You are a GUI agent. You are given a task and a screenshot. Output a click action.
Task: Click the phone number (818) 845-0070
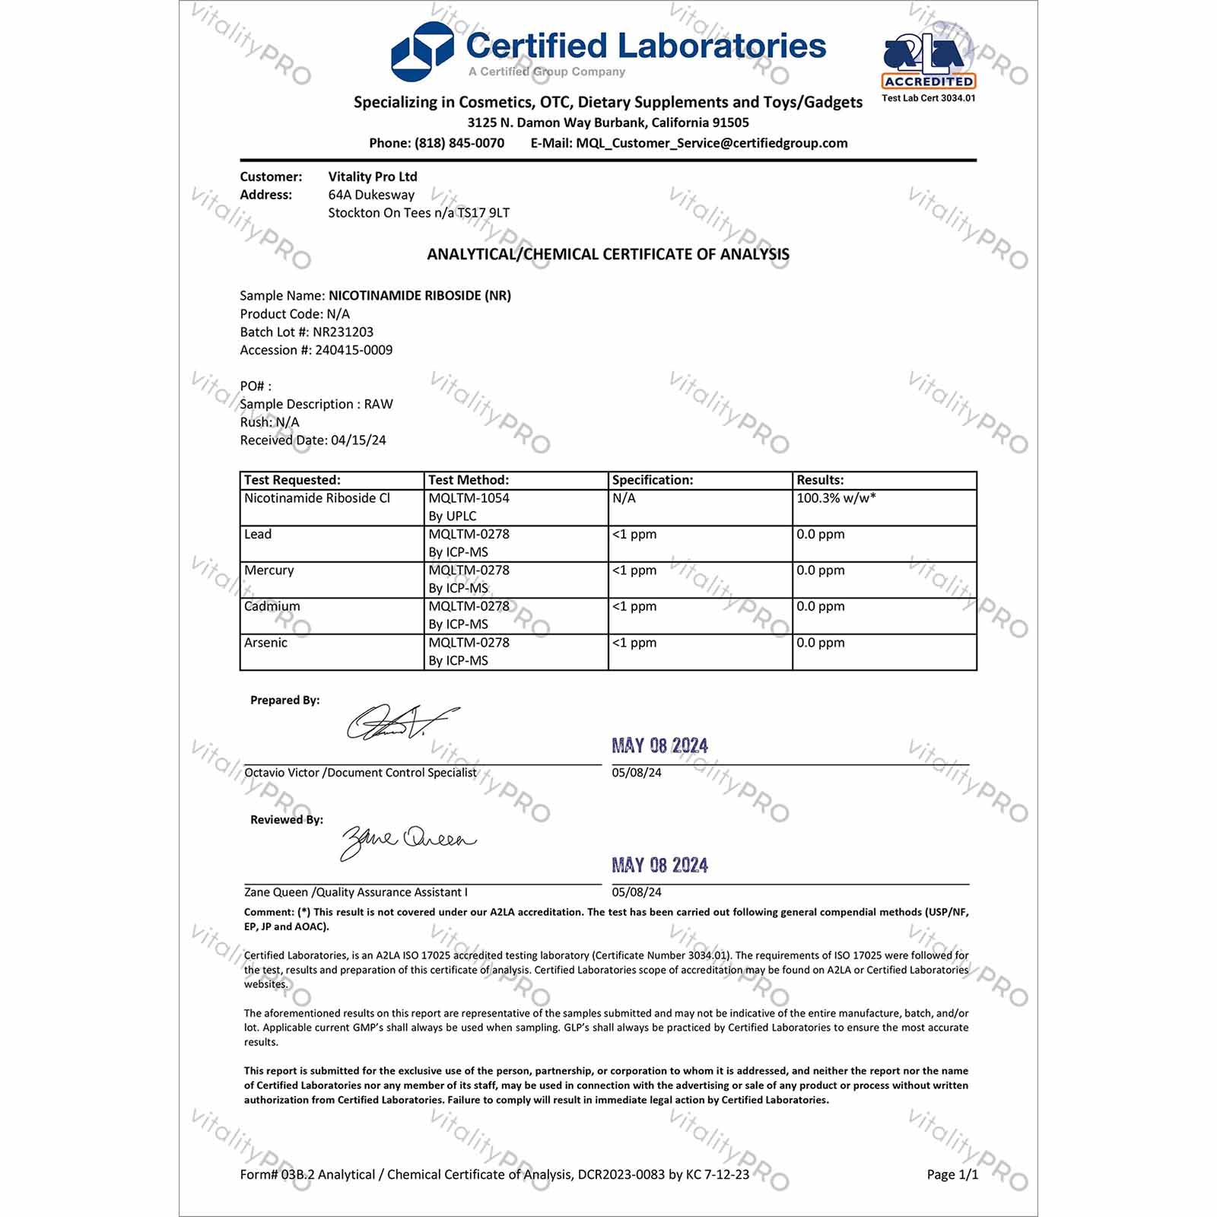click(459, 143)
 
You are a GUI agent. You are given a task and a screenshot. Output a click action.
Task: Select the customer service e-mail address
click(711, 143)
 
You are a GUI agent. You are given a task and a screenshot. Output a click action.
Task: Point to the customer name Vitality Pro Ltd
click(373, 176)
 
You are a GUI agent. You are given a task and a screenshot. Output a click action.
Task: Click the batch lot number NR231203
click(343, 332)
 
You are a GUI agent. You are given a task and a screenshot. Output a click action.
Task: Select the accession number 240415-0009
click(354, 350)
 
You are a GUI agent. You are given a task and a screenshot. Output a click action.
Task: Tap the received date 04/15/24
click(358, 440)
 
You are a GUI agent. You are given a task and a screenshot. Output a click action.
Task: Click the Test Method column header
click(469, 480)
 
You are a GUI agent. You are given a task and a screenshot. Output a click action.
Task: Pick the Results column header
click(820, 480)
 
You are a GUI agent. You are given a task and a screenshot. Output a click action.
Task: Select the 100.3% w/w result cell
click(836, 498)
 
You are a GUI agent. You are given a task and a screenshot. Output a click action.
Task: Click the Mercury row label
click(269, 570)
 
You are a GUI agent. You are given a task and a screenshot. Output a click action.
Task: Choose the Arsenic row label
click(265, 643)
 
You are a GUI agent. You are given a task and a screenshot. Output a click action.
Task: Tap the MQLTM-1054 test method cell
click(469, 498)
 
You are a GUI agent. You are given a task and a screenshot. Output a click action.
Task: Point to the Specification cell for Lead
click(634, 535)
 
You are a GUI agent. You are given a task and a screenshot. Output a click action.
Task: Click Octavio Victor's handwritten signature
click(399, 722)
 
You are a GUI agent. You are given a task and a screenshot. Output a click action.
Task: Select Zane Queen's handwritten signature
click(406, 840)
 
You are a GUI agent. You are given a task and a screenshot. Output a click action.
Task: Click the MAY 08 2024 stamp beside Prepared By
click(659, 745)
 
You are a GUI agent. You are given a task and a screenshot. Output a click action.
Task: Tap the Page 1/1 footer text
click(952, 1174)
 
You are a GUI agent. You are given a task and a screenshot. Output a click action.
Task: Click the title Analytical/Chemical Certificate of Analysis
click(608, 254)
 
